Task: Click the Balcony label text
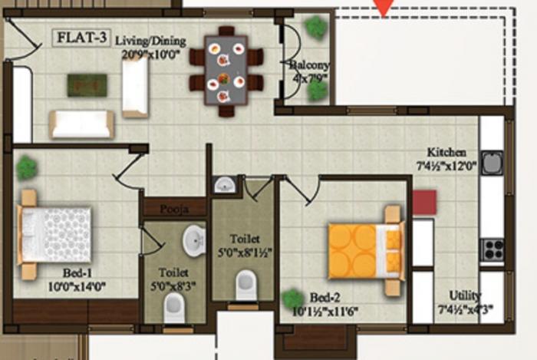tap(310, 66)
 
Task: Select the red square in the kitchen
tap(424, 203)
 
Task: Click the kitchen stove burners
tap(492, 249)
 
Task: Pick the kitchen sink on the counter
tap(492, 163)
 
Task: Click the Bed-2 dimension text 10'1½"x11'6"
tap(337, 311)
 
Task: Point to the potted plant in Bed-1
tap(27, 167)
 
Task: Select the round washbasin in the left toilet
tap(193, 241)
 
